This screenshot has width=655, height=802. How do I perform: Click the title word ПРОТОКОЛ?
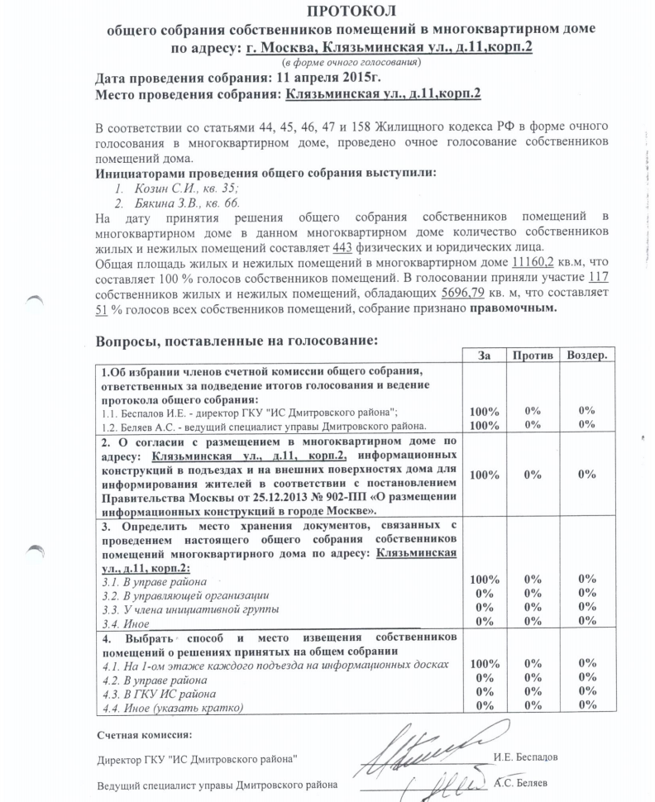pos(351,11)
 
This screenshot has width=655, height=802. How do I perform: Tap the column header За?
pos(484,354)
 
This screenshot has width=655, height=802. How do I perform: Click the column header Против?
pos(533,354)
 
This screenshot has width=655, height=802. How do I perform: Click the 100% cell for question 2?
pos(484,475)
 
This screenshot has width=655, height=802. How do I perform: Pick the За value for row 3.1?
pos(484,580)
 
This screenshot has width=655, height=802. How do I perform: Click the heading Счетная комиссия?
pos(144,734)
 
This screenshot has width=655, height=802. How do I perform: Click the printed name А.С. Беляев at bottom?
pos(527,783)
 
